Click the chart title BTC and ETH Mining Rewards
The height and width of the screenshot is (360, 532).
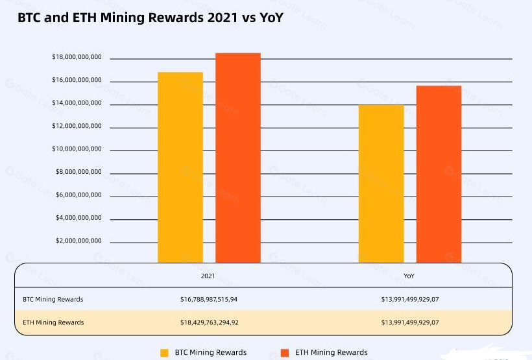pyautogui.click(x=150, y=18)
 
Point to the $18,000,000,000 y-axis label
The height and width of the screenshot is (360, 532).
pyautogui.click(x=77, y=58)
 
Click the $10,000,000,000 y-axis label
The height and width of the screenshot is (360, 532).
pyautogui.click(x=77, y=149)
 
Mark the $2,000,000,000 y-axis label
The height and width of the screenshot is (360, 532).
pyautogui.click(x=79, y=241)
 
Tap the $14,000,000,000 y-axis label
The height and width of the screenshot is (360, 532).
pyautogui.click(x=77, y=103)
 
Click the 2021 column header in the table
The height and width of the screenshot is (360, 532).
pyautogui.click(x=208, y=276)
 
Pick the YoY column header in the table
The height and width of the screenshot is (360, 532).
pyautogui.click(x=409, y=276)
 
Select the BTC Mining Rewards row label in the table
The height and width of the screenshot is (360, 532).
pyautogui.click(x=53, y=300)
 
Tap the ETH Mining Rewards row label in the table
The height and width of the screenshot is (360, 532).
pyautogui.click(x=53, y=322)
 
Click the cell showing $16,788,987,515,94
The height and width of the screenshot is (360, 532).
pyautogui.click(x=210, y=300)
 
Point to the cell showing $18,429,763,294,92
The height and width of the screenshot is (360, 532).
pyautogui.click(x=210, y=322)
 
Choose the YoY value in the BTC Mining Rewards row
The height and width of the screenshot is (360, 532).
pyautogui.click(x=410, y=300)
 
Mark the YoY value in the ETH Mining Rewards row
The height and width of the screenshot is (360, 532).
pyautogui.click(x=410, y=322)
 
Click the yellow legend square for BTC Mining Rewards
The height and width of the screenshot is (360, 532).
pyautogui.click(x=165, y=353)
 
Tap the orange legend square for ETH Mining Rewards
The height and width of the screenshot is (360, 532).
pyautogui.click(x=284, y=353)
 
